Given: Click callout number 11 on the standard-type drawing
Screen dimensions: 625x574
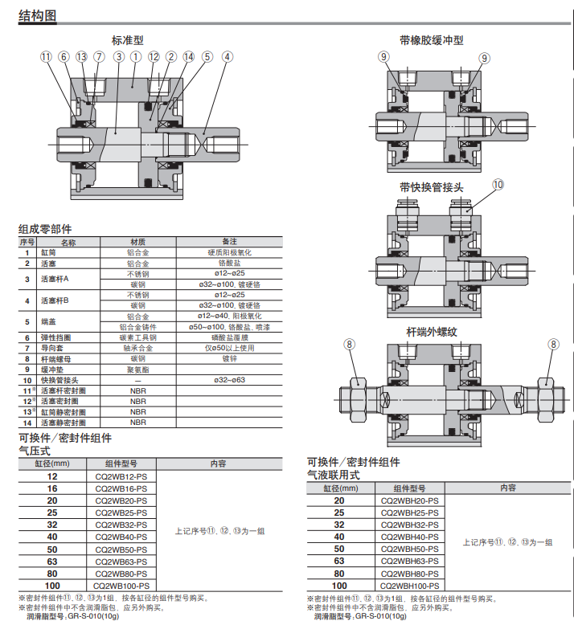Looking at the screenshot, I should pyautogui.click(x=46, y=57).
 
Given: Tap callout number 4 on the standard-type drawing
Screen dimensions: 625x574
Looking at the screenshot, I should pyautogui.click(x=228, y=57).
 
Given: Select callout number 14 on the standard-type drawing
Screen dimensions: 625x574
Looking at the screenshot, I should pyautogui.click(x=189, y=57).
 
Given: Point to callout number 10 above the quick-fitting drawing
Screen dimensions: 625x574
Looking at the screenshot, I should pyautogui.click(x=498, y=184).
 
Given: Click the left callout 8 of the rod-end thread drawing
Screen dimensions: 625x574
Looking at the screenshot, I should pyautogui.click(x=349, y=345).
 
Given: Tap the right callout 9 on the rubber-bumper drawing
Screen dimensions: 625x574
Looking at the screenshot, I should pyautogui.click(x=484, y=57).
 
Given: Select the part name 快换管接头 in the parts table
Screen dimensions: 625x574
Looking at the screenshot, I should pyautogui.click(x=59, y=379).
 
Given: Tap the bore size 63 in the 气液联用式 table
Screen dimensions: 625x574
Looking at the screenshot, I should pyautogui.click(x=338, y=561).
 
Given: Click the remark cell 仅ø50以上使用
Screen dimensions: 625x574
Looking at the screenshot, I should pyautogui.click(x=229, y=348).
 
